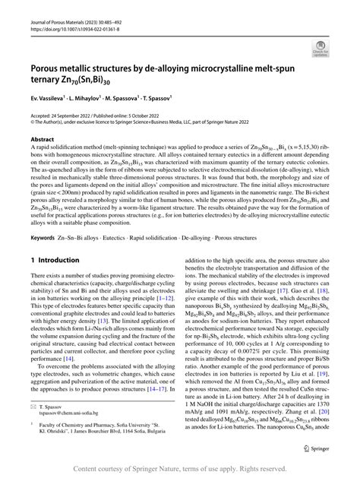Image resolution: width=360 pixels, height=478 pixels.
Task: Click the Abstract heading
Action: (x=42, y=139)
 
